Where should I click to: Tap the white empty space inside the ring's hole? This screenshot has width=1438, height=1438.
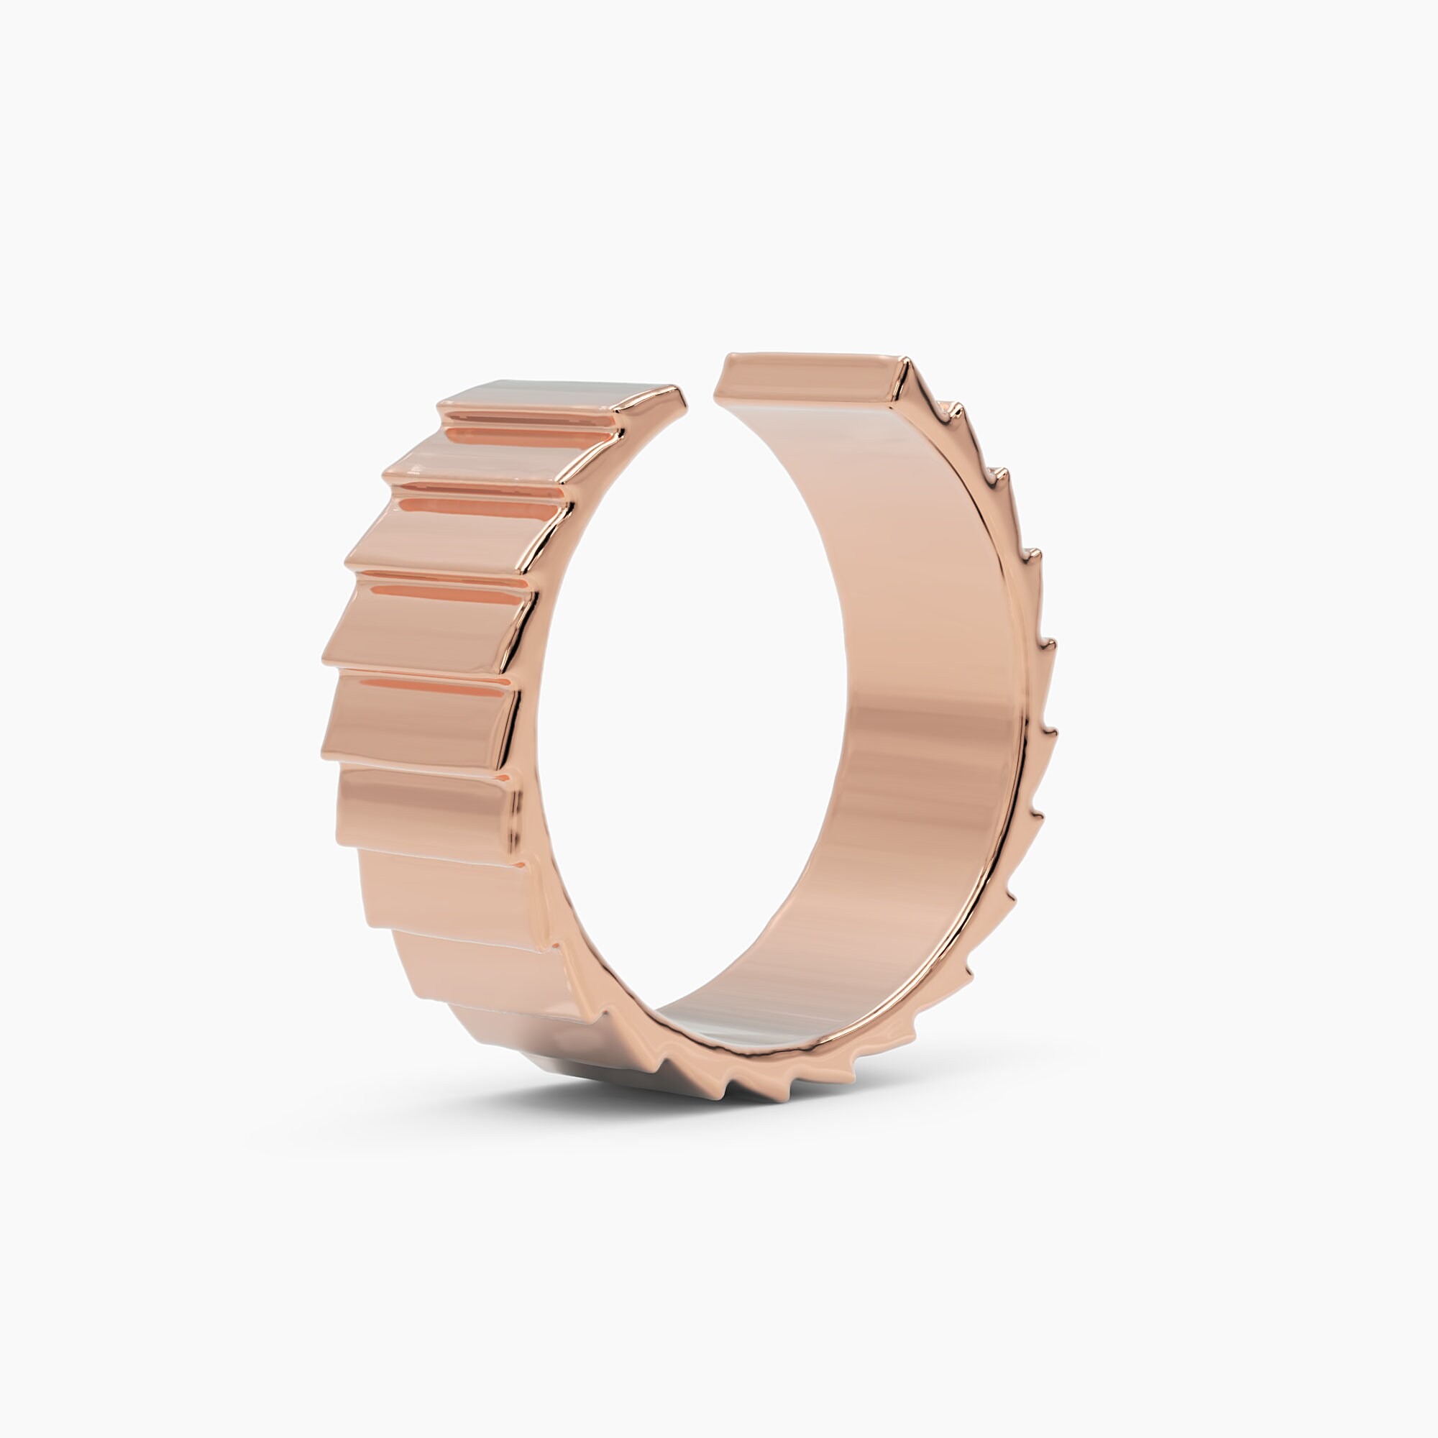[692, 707]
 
